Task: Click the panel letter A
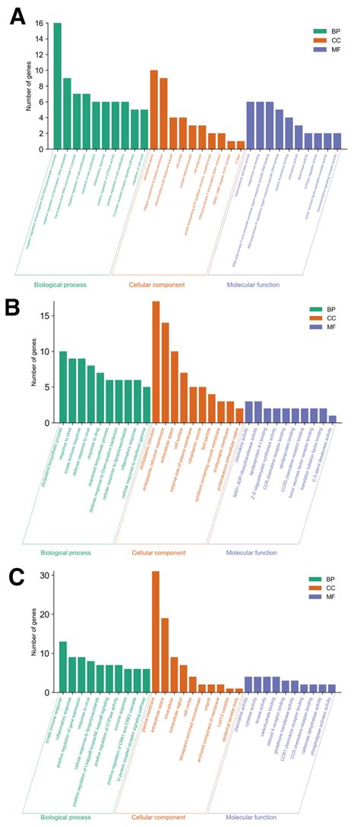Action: pos(16,16)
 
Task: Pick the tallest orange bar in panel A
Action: pos(153,109)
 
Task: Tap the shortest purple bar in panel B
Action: pos(332,418)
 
